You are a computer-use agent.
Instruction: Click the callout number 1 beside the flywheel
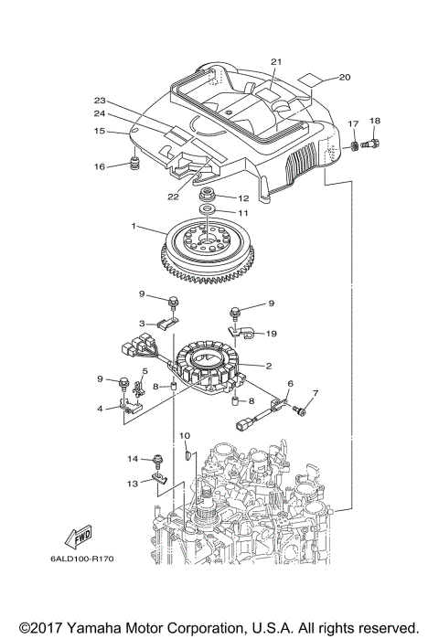coord(134,226)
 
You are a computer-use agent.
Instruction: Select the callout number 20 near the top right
coord(345,77)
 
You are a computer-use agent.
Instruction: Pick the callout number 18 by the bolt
coord(374,121)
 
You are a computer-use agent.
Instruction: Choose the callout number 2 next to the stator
coord(268,366)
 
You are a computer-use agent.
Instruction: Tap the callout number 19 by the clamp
coord(271,335)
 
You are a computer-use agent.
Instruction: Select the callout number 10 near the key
coord(183,436)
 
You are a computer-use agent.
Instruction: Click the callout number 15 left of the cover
coord(100,132)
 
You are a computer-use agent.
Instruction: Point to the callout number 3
coord(143,323)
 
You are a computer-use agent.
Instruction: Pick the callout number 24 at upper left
coord(100,114)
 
